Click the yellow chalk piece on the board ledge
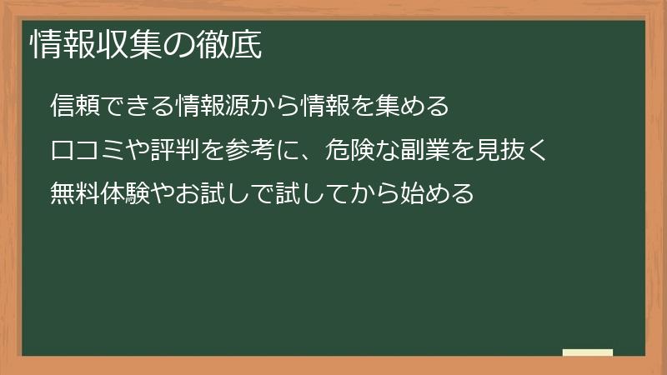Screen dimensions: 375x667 coord(588,352)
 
